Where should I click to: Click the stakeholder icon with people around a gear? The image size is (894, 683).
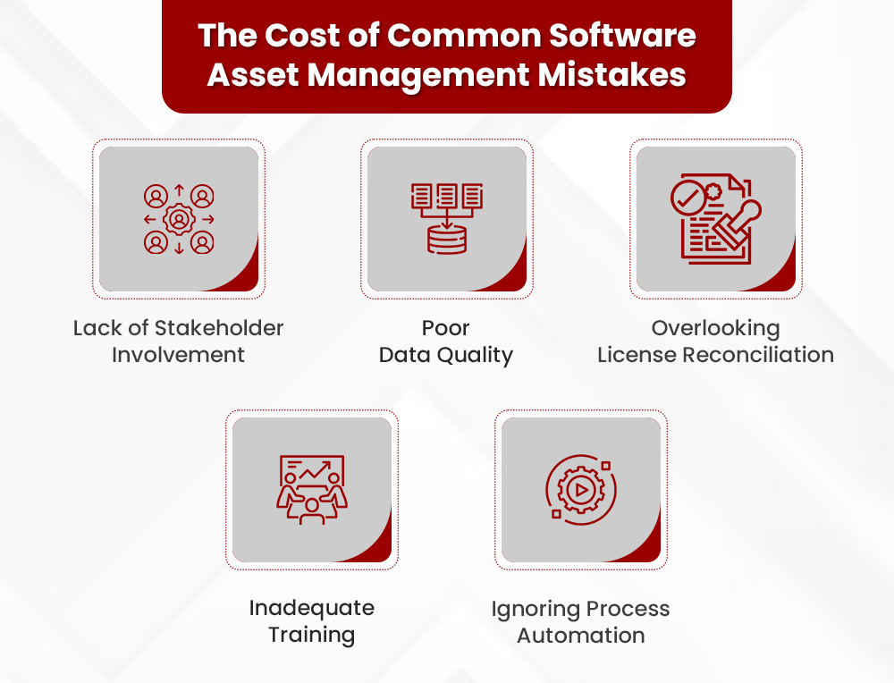tap(179, 219)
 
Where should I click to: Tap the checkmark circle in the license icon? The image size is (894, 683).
tap(688, 198)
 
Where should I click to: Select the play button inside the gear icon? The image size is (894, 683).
tap(580, 490)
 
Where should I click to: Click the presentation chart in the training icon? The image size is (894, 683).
tap(311, 470)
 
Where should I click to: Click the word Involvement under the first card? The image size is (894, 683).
tap(178, 355)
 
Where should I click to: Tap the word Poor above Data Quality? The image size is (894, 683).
tap(445, 328)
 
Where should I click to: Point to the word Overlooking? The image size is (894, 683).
tap(715, 328)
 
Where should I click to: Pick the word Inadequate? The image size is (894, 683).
tap(311, 608)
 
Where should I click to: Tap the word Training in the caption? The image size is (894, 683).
tap(311, 636)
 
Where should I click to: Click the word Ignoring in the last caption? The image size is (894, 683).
tap(534, 610)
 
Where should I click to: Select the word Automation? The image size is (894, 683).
tap(580, 637)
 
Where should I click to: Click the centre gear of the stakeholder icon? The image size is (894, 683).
tap(179, 219)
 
